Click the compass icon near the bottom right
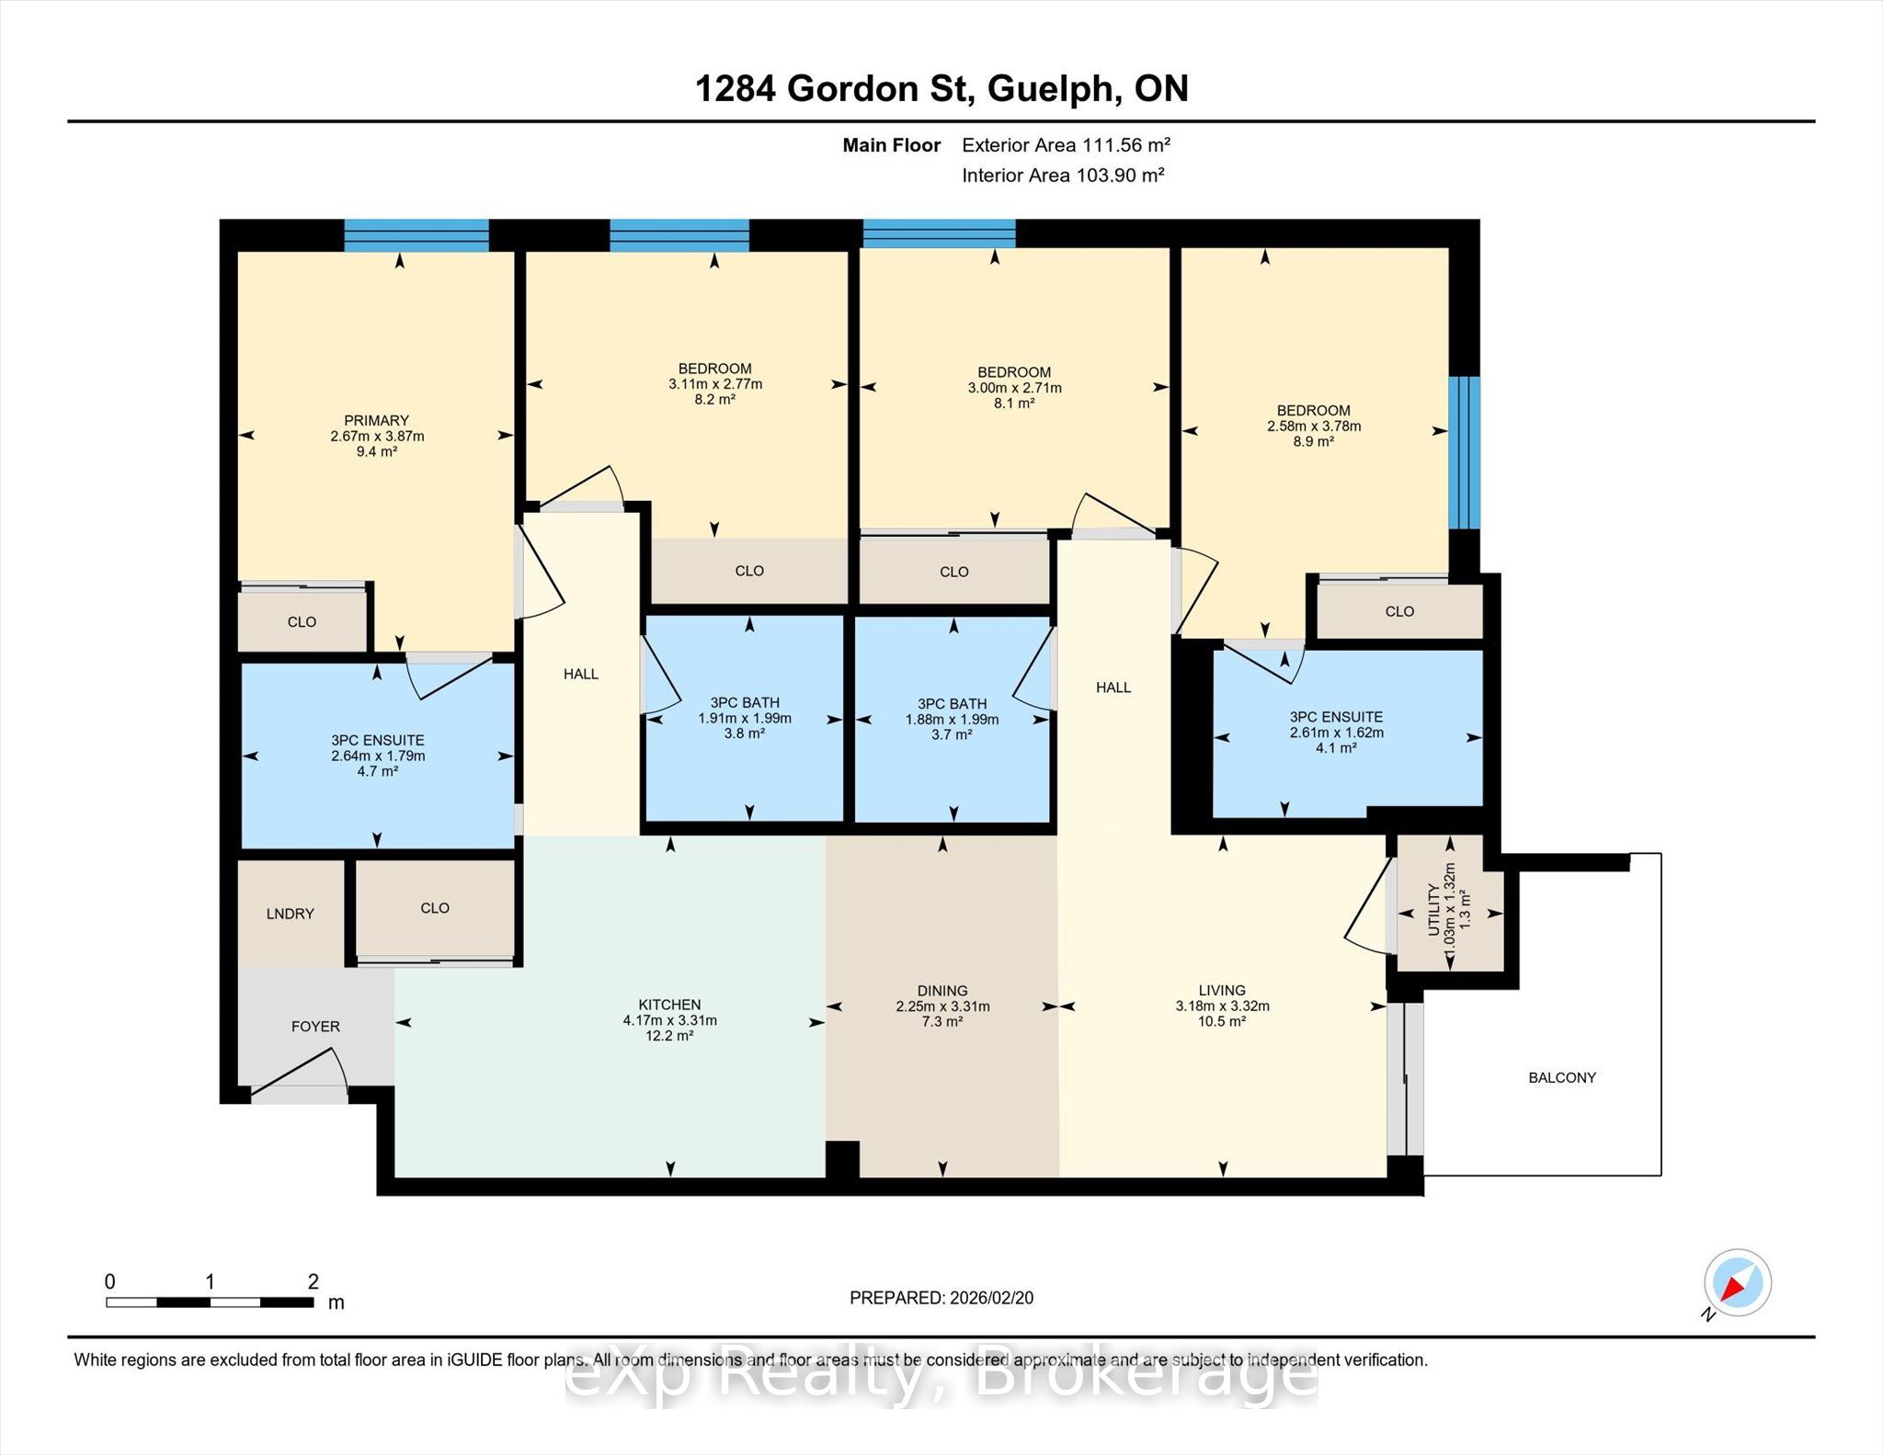pos(1737,1282)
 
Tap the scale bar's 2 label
pos(314,1280)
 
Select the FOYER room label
pos(315,1026)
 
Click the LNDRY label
pos(291,914)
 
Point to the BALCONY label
pos(1562,1077)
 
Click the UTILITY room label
pos(1433,910)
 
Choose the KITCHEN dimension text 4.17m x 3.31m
pos(670,1020)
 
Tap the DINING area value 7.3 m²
pos(942,1021)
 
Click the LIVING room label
pos(1222,990)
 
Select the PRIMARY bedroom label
pos(377,421)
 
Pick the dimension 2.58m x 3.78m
pos(1314,426)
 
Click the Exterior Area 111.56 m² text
pos(1066,145)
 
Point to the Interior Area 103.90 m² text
pos(1063,176)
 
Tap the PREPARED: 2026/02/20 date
pos(941,1298)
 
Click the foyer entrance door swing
pos(300,1072)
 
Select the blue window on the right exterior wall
pos(1465,452)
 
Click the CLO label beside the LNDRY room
pos(435,908)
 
